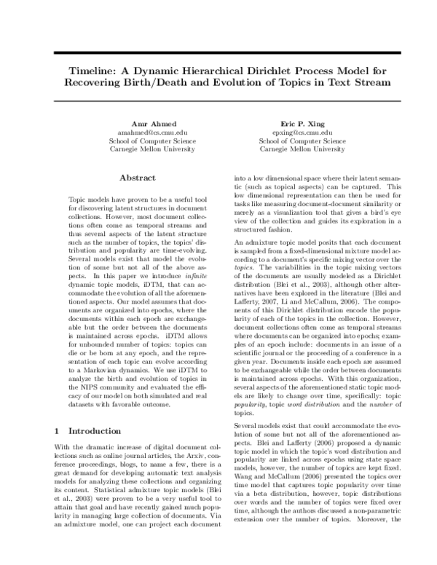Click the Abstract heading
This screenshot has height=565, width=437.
pos(138,178)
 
